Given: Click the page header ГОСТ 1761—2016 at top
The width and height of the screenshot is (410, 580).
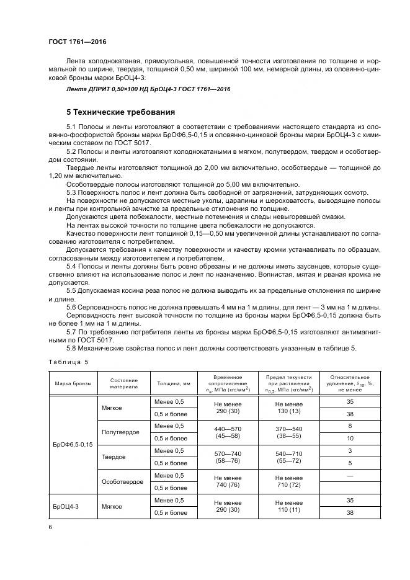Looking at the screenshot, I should [78, 43].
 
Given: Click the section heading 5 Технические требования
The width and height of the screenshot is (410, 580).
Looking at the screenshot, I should [120, 112].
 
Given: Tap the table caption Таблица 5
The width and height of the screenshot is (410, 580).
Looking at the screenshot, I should [68, 361].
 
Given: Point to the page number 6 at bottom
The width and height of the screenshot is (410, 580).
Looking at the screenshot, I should [50, 527].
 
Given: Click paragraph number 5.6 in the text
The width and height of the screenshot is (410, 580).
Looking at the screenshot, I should [71, 307].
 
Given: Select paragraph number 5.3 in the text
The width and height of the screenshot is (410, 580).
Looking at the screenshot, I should [71, 192].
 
